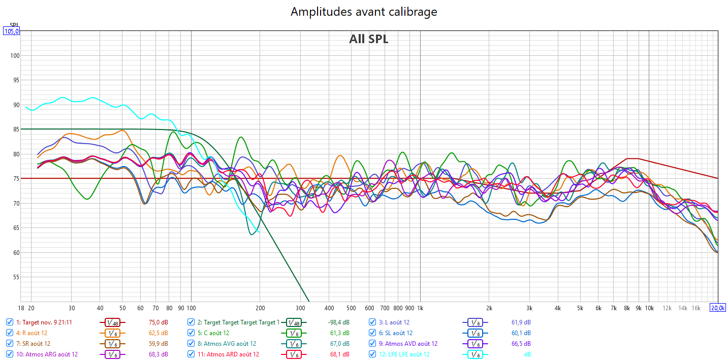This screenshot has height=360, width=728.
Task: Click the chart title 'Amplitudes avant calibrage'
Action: [364, 11]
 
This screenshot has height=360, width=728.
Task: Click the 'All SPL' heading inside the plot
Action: [368, 39]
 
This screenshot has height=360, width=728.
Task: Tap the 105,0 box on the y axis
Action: [11, 31]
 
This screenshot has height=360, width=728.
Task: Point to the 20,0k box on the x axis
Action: [717, 308]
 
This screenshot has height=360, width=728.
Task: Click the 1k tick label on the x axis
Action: [420, 308]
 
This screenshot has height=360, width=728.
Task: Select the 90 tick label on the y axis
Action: [16, 105]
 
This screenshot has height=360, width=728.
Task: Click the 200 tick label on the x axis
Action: [260, 308]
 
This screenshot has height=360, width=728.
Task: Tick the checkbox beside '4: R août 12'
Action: [10, 333]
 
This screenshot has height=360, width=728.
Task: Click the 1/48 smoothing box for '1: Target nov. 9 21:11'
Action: [112, 322]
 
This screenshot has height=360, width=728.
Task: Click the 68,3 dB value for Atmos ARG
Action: [157, 354]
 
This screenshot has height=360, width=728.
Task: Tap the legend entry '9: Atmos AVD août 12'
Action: [408, 344]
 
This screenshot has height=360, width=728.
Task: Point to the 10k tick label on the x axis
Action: [649, 308]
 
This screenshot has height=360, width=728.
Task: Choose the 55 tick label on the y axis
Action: [16, 277]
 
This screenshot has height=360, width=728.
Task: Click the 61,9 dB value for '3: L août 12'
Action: [521, 322]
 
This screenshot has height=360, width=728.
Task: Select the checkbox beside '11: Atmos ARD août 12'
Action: [191, 354]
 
